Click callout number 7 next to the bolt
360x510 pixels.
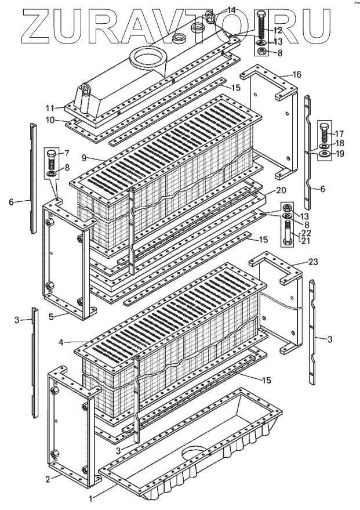pos(66,153)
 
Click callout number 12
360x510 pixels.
pos(277,30)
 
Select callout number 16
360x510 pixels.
pos(296,75)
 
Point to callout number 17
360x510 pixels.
pos(339,133)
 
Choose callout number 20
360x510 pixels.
pos(281,190)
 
